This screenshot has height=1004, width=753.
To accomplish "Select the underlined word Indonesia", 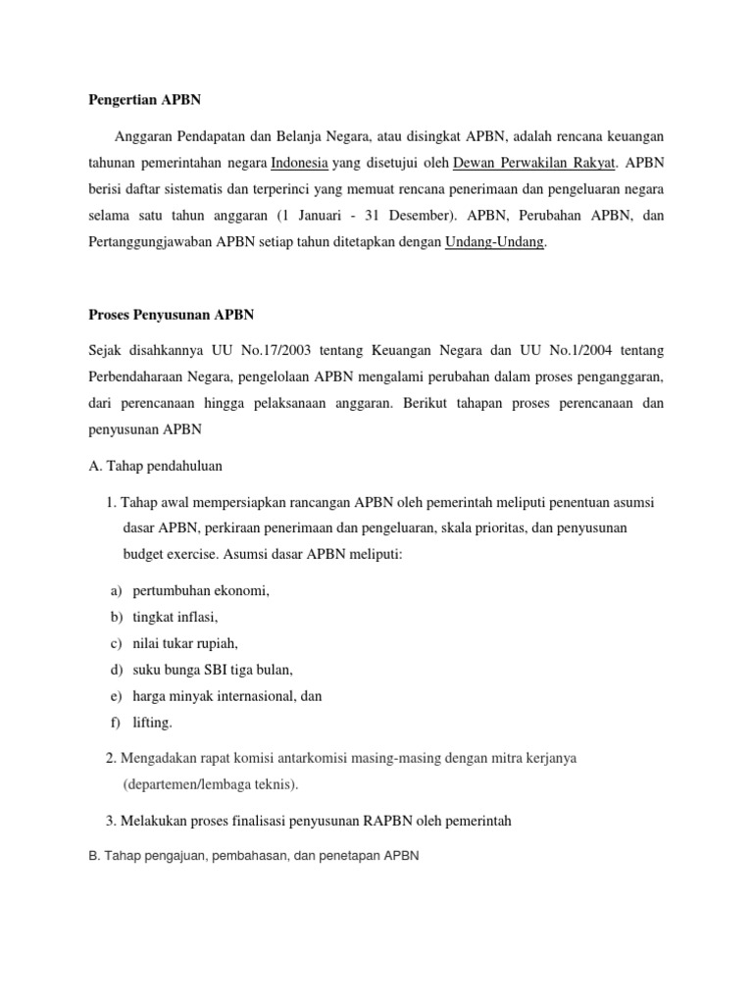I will (x=299, y=162).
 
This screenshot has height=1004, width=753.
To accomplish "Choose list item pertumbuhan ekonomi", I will (x=201, y=590).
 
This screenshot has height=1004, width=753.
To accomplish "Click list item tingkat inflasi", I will (x=176, y=617).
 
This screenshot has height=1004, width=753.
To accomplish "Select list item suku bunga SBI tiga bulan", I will (x=213, y=670).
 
